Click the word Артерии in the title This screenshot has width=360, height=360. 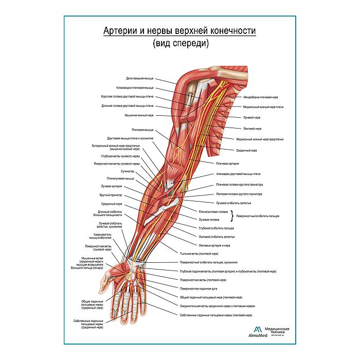coord(119,32)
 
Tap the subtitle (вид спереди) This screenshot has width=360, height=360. coord(180,44)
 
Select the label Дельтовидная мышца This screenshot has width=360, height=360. coord(139,79)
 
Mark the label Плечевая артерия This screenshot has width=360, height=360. coord(229,163)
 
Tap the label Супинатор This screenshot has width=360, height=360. coord(128,171)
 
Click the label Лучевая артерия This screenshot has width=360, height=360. coord(112,186)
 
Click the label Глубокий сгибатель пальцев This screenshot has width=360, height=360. coord(216,227)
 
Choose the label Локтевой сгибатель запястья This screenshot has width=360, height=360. coord(217,237)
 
